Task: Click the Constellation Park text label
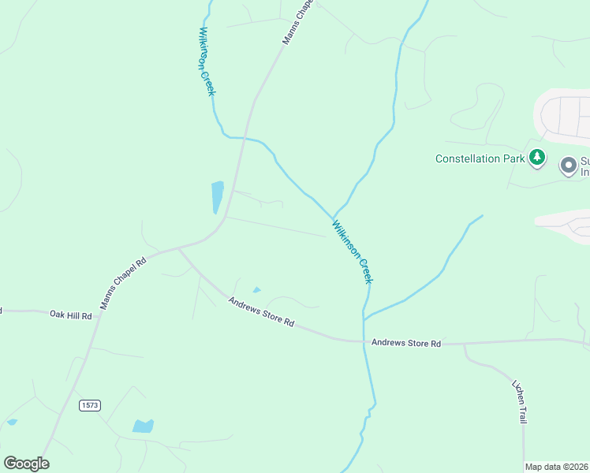pos(480,158)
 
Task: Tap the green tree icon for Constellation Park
pos(537,157)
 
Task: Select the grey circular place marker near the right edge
pos(568,166)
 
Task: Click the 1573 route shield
pos(90,405)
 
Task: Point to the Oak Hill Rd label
pos(71,315)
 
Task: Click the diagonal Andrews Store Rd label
pos(261,311)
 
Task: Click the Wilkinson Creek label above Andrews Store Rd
pos(352,251)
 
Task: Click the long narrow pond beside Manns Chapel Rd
pos(217,197)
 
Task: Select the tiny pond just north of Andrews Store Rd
pos(256,290)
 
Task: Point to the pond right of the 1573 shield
pos(143,426)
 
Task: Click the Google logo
pos(26,464)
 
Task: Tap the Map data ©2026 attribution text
pos(556,467)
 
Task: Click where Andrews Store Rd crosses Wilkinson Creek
pos(364,341)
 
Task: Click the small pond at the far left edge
pos(11,423)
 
